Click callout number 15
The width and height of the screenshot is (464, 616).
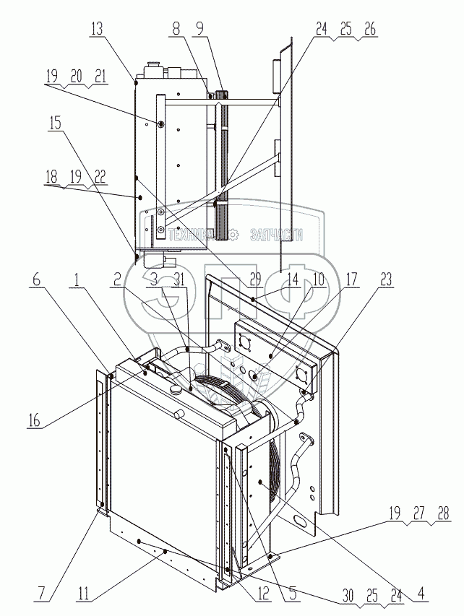point(56,123)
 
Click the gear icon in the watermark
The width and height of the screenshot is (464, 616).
point(233,234)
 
